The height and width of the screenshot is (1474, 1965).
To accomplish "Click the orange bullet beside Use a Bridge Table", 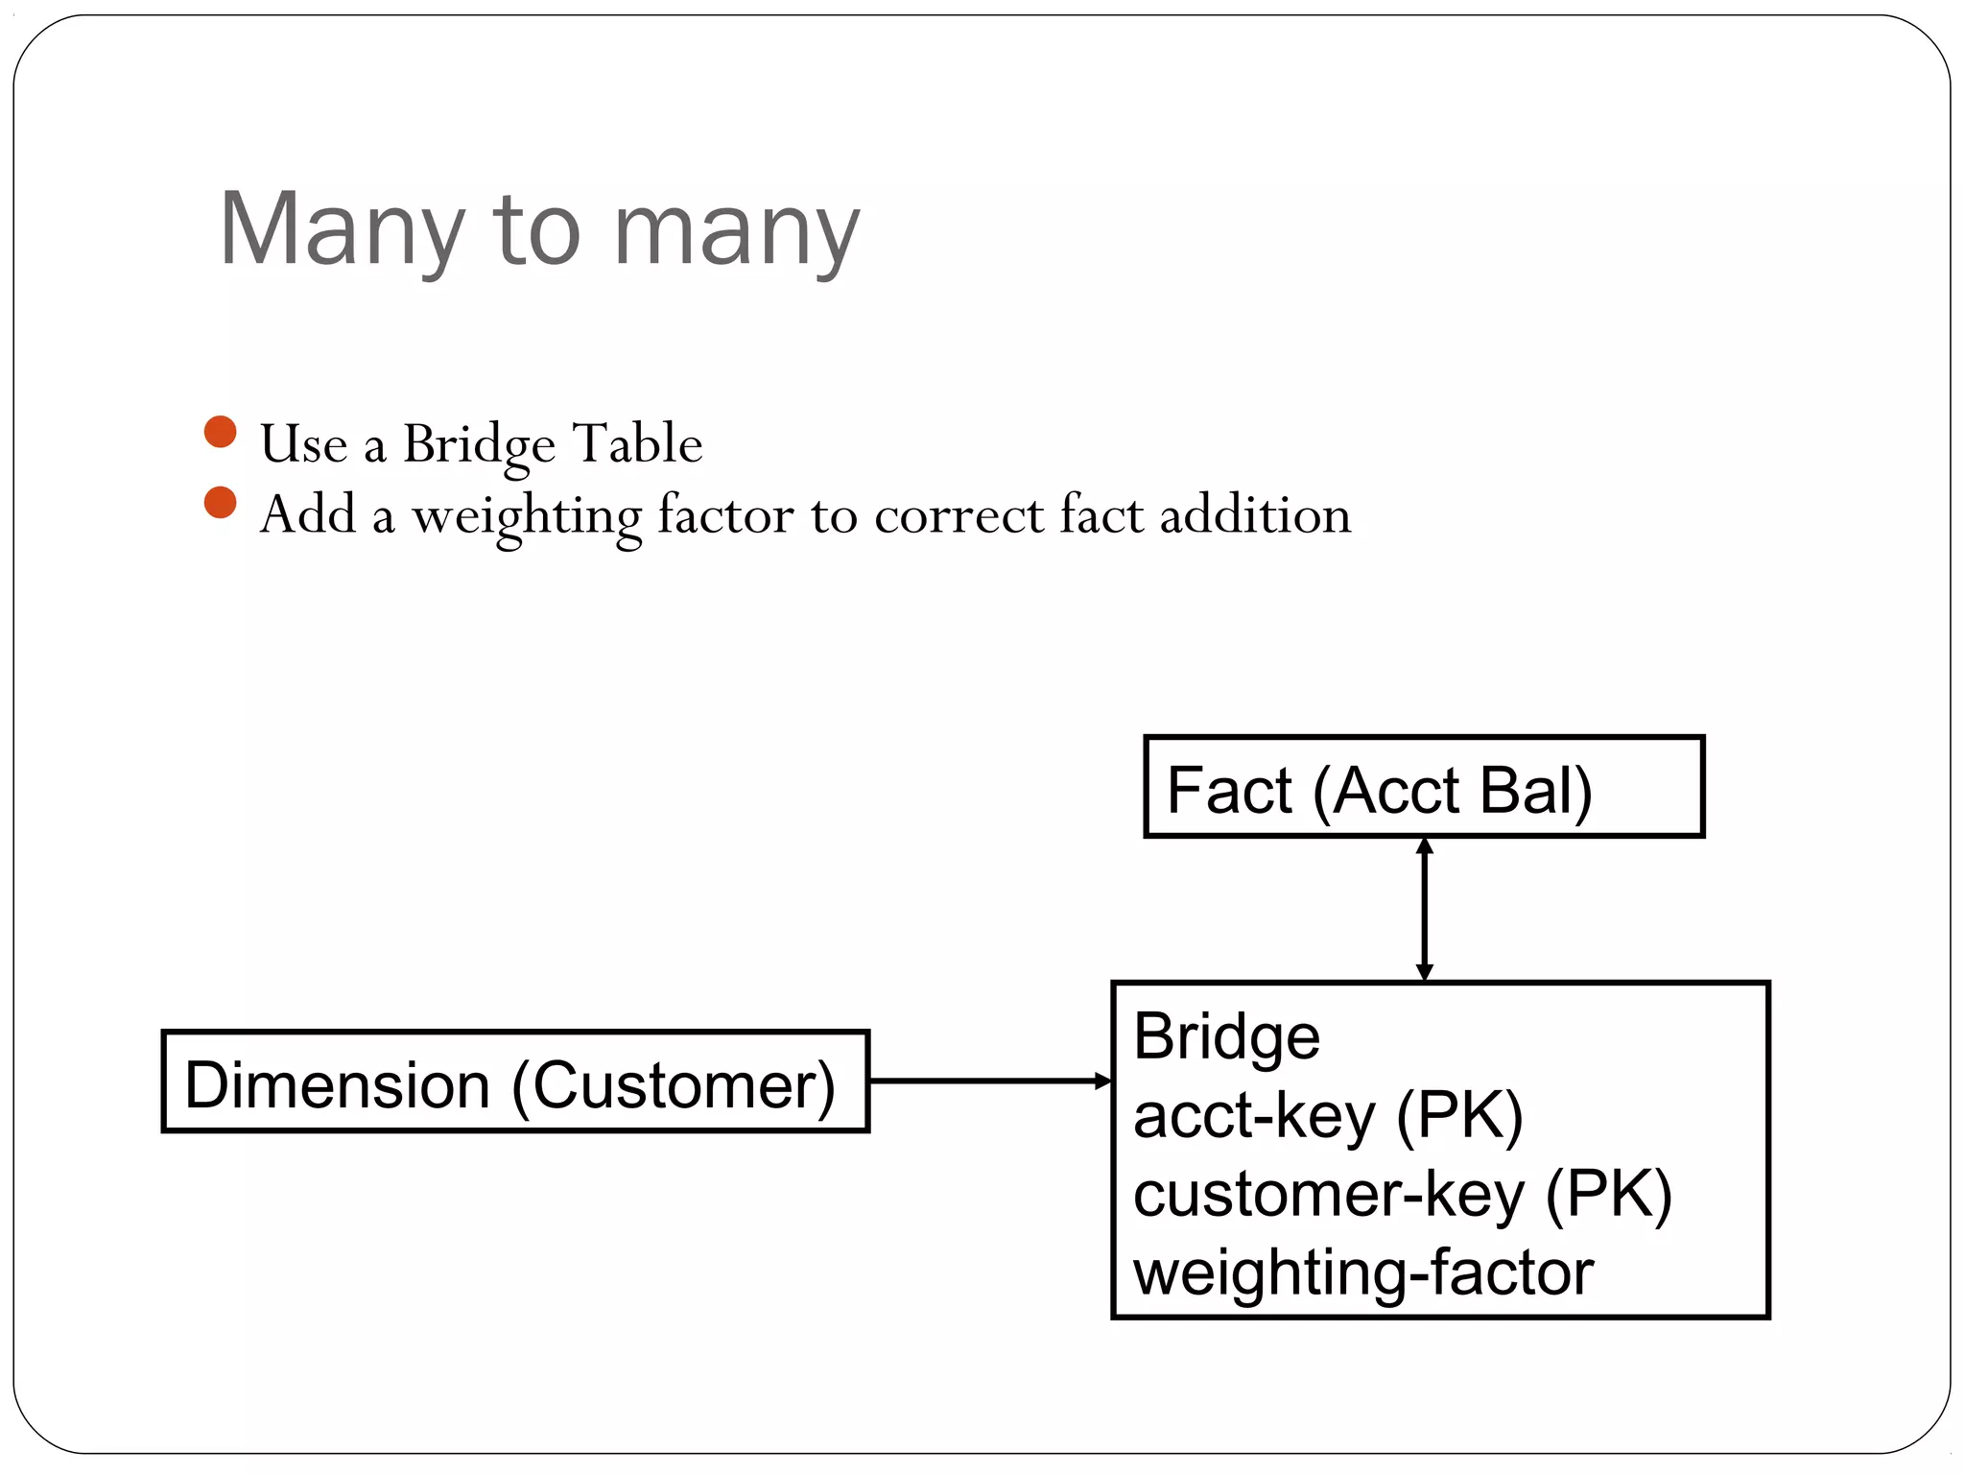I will tap(221, 432).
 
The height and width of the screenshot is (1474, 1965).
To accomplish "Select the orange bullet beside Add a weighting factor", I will tap(221, 503).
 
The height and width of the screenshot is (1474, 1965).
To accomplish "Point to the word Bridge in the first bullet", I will tap(479, 444).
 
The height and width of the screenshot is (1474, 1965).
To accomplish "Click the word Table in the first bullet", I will tap(637, 444).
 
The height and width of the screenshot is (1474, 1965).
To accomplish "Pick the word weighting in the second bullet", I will tap(527, 516).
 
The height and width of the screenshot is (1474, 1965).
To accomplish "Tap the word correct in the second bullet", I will tap(959, 515).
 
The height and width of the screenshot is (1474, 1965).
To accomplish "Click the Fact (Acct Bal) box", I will tap(1424, 787).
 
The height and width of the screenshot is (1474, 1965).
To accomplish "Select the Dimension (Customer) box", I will tap(515, 1082).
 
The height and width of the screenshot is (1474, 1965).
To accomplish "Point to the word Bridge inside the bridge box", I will tap(1226, 1036).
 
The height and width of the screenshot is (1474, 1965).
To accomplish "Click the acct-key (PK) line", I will tap(1328, 1116).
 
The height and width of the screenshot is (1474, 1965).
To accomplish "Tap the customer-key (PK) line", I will tap(1402, 1195).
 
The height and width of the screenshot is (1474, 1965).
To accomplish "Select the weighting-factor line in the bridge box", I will tap(1362, 1272).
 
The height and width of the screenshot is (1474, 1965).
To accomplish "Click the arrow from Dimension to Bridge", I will tap(988, 1082).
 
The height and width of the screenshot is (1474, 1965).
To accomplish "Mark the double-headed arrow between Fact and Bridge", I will tap(1425, 909).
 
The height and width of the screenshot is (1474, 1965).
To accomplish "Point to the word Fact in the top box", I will tap(1229, 791).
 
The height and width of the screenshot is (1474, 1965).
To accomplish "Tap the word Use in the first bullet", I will tap(303, 444).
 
